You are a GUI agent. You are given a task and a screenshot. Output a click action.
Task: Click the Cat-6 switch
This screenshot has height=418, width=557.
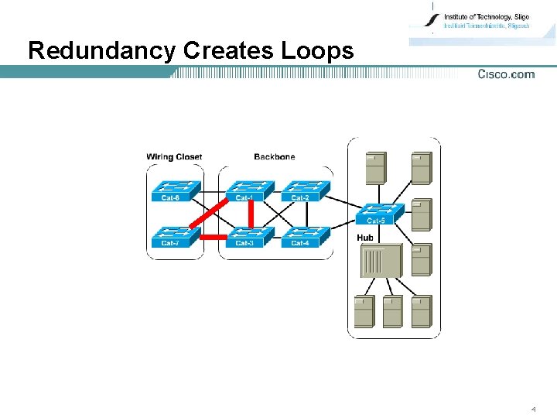(176, 190)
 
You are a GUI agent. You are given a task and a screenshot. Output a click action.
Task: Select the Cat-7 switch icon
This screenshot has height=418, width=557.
(176, 236)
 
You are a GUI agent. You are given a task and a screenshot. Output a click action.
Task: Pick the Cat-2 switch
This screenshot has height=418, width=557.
(305, 190)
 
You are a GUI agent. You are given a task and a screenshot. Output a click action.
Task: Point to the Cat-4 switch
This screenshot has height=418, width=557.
(305, 236)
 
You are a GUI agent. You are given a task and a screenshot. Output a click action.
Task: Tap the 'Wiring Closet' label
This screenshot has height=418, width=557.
(174, 157)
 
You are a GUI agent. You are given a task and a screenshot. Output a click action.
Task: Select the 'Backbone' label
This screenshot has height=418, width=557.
(274, 157)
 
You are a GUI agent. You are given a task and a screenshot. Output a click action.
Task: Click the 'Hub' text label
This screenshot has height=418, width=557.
(365, 237)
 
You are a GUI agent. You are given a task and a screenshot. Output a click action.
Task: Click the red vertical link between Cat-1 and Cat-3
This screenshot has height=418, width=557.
(251, 214)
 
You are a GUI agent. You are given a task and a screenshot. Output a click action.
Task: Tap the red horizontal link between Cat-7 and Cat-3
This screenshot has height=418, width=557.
(214, 236)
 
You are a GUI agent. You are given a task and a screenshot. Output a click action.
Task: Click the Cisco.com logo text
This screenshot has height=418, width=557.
(506, 74)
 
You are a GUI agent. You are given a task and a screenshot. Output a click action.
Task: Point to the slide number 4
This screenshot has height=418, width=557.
(533, 408)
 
